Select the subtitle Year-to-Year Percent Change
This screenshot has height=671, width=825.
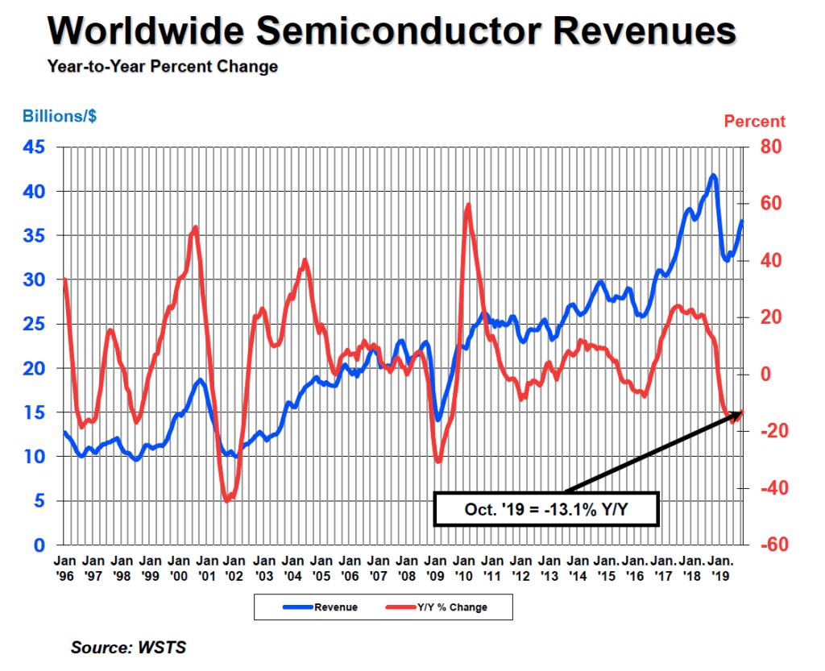[x=162, y=67]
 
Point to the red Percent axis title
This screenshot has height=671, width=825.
[x=754, y=122]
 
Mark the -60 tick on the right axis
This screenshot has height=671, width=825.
[x=759, y=545]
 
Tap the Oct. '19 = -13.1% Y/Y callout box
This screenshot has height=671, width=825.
[x=547, y=509]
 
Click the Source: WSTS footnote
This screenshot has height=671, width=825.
[x=128, y=648]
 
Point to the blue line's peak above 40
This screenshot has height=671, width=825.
[x=713, y=175]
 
